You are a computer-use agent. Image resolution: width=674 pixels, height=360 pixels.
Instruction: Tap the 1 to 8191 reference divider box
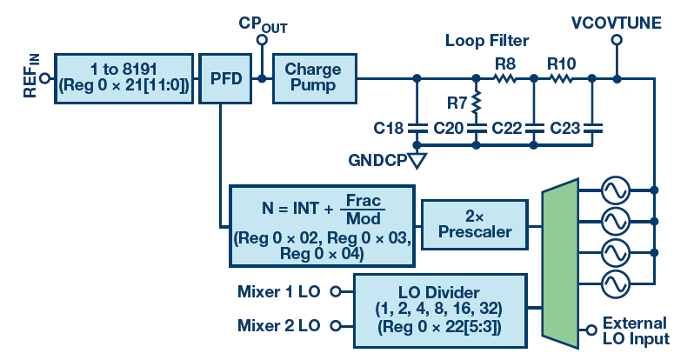click(123, 78)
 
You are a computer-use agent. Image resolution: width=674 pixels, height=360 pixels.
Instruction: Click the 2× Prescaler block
click(475, 223)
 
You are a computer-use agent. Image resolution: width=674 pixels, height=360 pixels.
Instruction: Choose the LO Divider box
click(440, 309)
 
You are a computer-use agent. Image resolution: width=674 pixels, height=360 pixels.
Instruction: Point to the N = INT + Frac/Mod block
click(321, 225)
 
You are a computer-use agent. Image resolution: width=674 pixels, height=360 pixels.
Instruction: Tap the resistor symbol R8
click(504, 78)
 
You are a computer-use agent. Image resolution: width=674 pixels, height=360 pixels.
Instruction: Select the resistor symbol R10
click(561, 78)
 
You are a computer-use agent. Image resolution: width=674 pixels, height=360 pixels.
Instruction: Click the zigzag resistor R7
click(476, 105)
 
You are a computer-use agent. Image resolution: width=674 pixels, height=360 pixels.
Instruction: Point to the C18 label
click(389, 129)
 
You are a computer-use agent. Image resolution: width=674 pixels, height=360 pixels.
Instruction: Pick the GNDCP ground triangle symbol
click(418, 161)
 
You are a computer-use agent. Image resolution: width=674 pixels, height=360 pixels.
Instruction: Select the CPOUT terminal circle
click(262, 39)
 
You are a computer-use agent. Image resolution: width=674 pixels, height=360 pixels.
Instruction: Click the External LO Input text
click(634, 330)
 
